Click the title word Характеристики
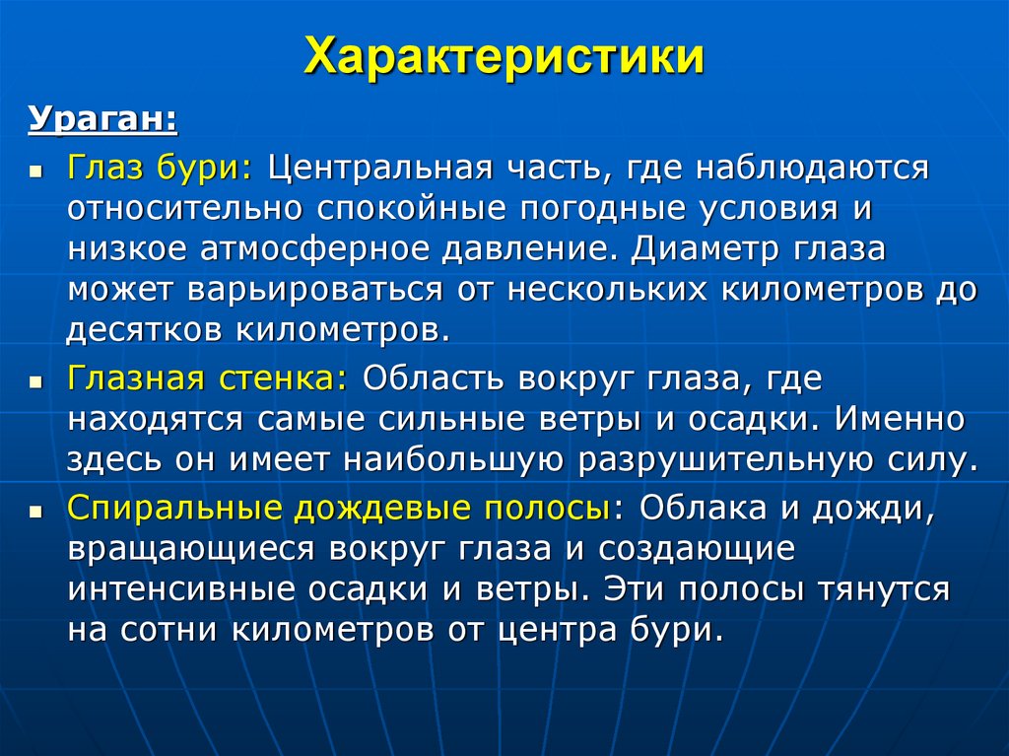[504, 57]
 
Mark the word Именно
[901, 417]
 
